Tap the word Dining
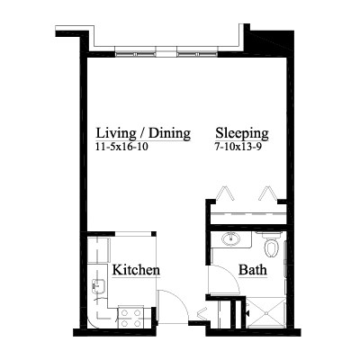click(169, 132)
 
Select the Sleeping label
click(242, 133)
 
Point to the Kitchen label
click(136, 270)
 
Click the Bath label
click(253, 270)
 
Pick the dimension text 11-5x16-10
click(121, 147)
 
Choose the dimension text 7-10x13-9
click(237, 147)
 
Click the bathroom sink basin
click(230, 238)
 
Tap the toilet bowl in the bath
click(272, 249)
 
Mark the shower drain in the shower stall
click(265, 313)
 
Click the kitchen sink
click(99, 286)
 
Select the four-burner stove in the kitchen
click(130, 318)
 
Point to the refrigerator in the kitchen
click(98, 250)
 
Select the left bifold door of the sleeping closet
click(225, 193)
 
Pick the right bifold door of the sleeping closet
click(268, 193)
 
